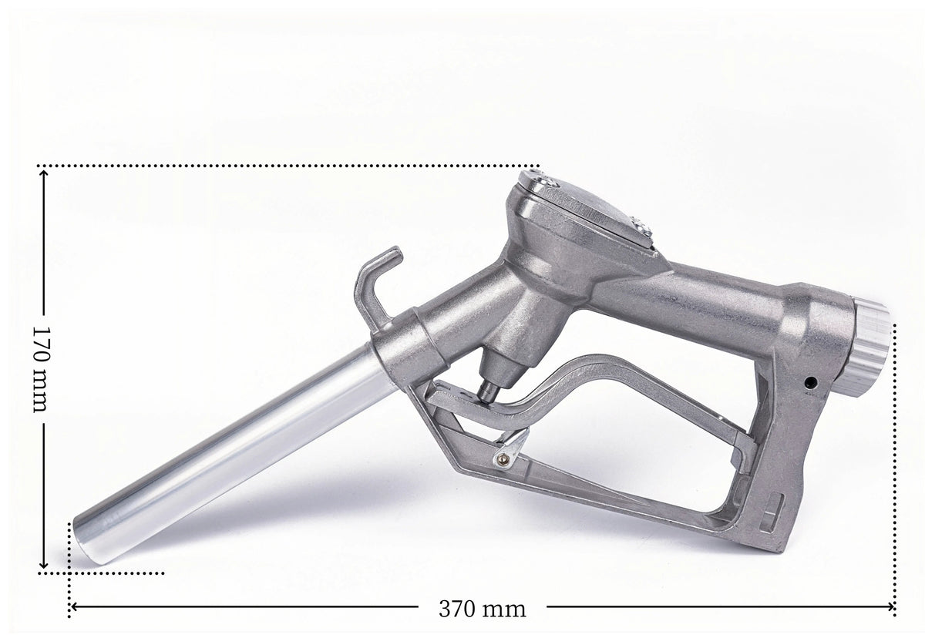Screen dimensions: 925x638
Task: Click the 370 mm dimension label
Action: tap(483, 609)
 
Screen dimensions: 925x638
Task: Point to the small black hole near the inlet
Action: tap(812, 382)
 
